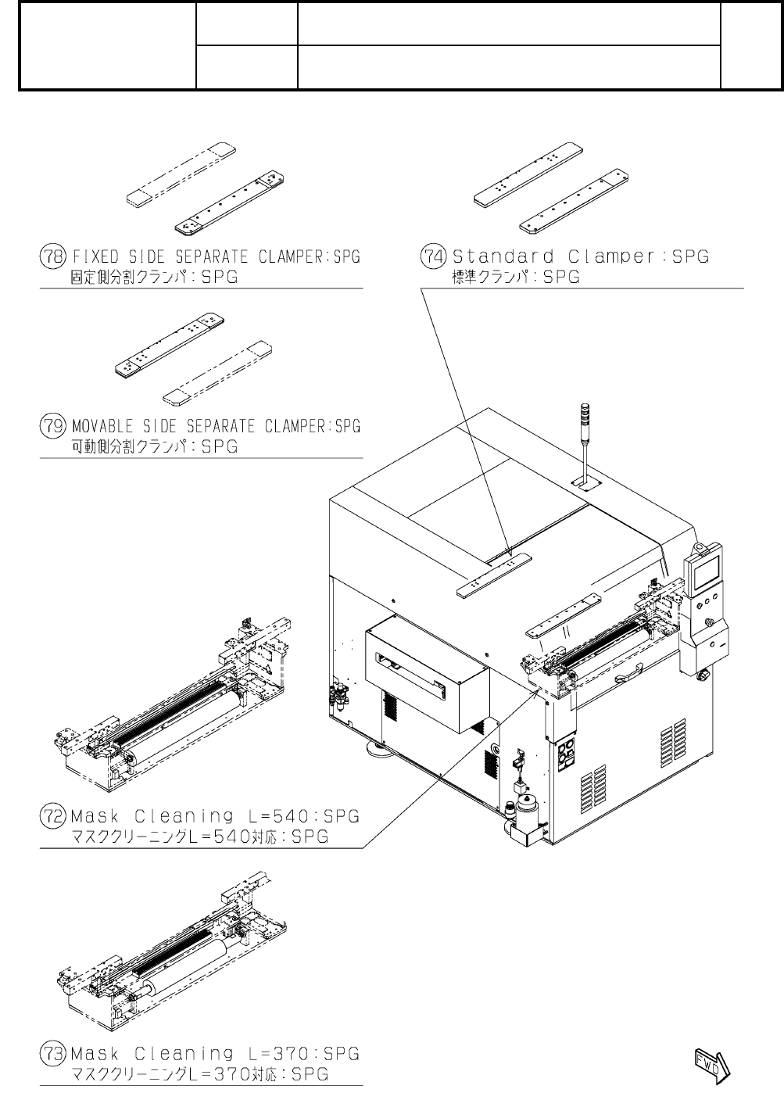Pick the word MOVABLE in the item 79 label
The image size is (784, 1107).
98,427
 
